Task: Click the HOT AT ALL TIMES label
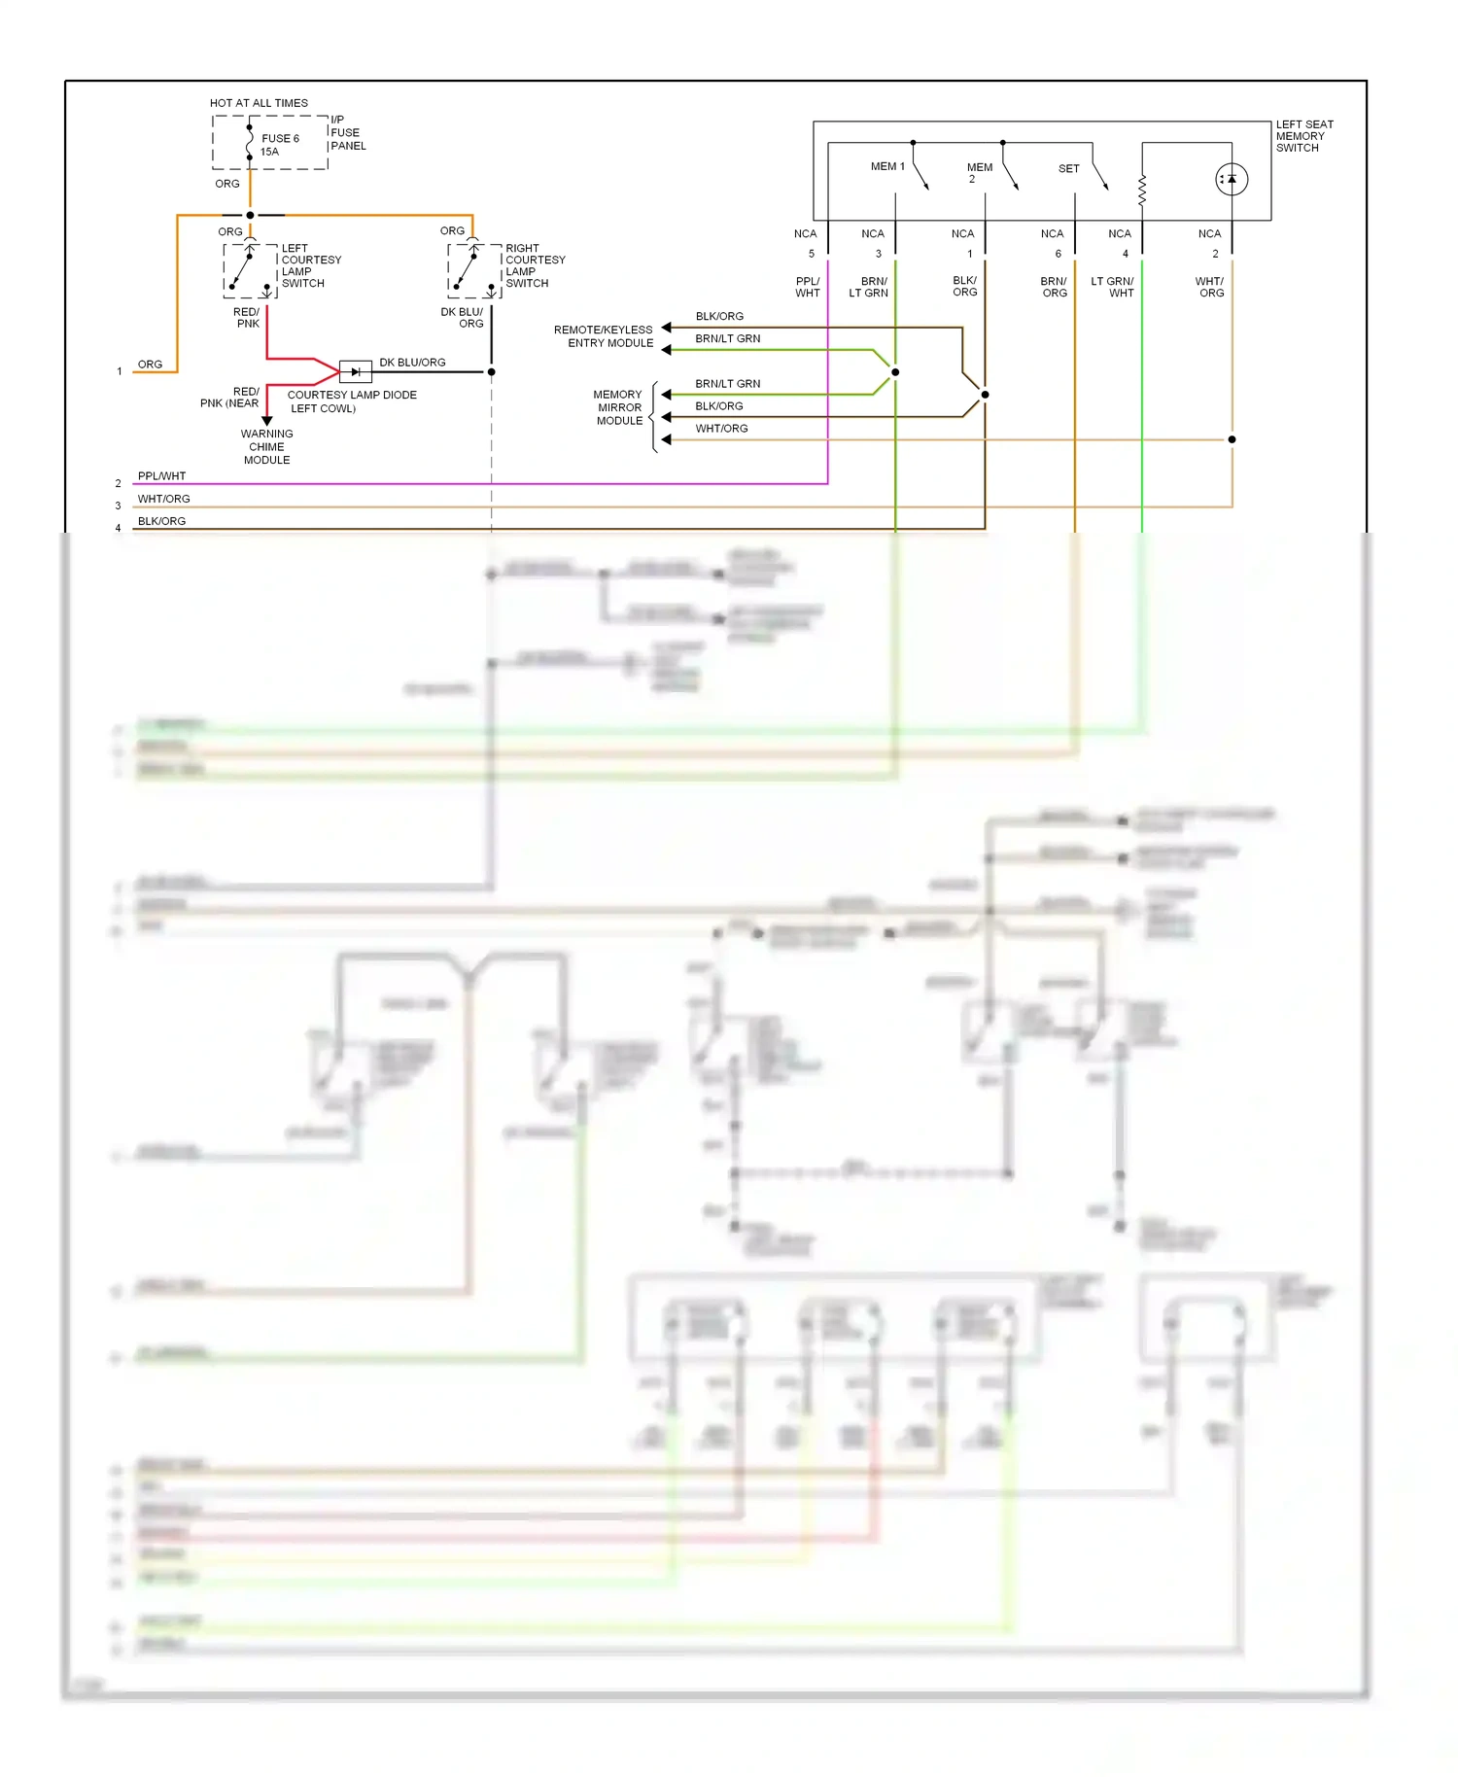(259, 103)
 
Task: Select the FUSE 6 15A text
(279, 145)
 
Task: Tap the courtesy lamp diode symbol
(356, 371)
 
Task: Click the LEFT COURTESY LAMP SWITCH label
(311, 266)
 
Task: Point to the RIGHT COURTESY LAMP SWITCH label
(535, 266)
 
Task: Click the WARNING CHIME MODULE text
(266, 447)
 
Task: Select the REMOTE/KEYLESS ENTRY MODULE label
(605, 336)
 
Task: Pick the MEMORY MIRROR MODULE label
(619, 407)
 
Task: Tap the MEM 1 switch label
(886, 166)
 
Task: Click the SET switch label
(1068, 168)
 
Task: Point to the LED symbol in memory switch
(1232, 180)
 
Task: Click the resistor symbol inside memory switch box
(1142, 191)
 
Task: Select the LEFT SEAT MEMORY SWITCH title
(1303, 136)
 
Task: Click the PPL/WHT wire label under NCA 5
(808, 287)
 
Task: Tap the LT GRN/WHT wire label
(1112, 287)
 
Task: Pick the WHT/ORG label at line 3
(163, 499)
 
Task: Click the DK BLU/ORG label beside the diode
(412, 363)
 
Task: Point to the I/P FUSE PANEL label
(348, 133)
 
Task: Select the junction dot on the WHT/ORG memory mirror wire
(1232, 439)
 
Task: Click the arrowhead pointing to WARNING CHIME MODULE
(266, 421)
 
